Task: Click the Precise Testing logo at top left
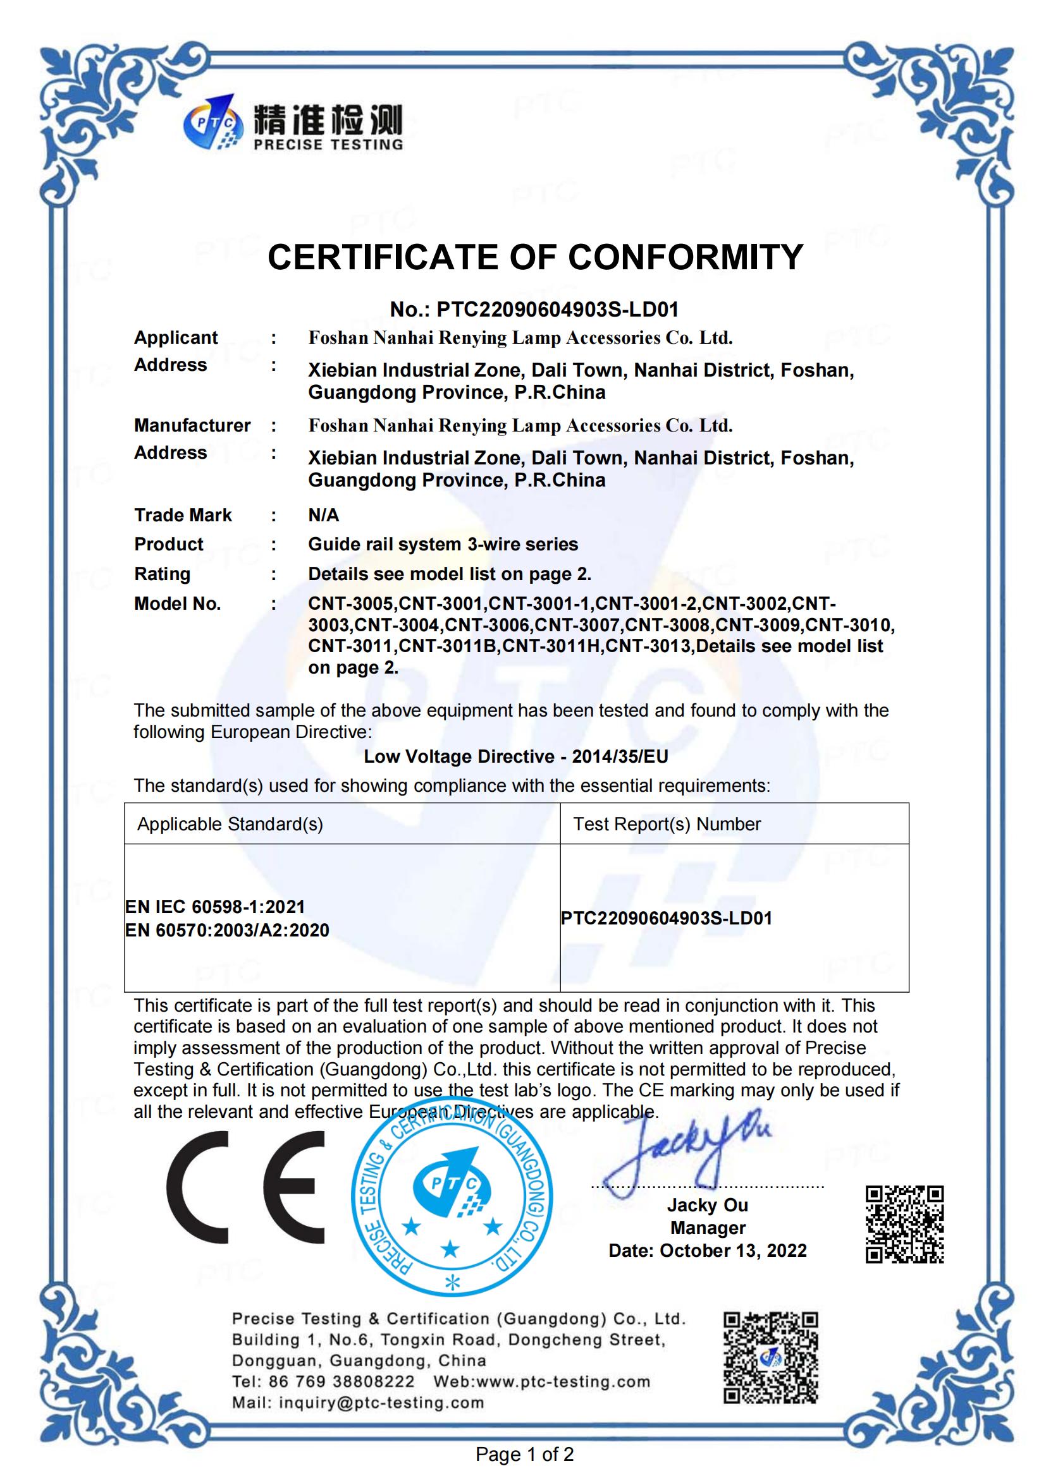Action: pyautogui.click(x=292, y=124)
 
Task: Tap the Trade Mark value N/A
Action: pyautogui.click(x=323, y=515)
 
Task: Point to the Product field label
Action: pyautogui.click(x=169, y=545)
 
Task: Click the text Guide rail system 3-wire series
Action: pyautogui.click(x=443, y=545)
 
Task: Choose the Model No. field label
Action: pyautogui.click(x=177, y=604)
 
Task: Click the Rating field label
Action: pyautogui.click(x=163, y=574)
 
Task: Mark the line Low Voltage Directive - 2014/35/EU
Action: pyautogui.click(x=516, y=756)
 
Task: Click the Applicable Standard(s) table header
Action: pyautogui.click(x=230, y=825)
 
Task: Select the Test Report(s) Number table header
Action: pyautogui.click(x=667, y=825)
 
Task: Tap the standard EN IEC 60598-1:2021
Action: pyautogui.click(x=215, y=907)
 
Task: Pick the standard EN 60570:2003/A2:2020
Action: pyautogui.click(x=228, y=930)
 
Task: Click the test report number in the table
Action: pyautogui.click(x=666, y=919)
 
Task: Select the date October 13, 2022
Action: pyautogui.click(x=733, y=1251)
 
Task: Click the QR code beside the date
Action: pyautogui.click(x=904, y=1224)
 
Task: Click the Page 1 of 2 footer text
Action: pyautogui.click(x=524, y=1454)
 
